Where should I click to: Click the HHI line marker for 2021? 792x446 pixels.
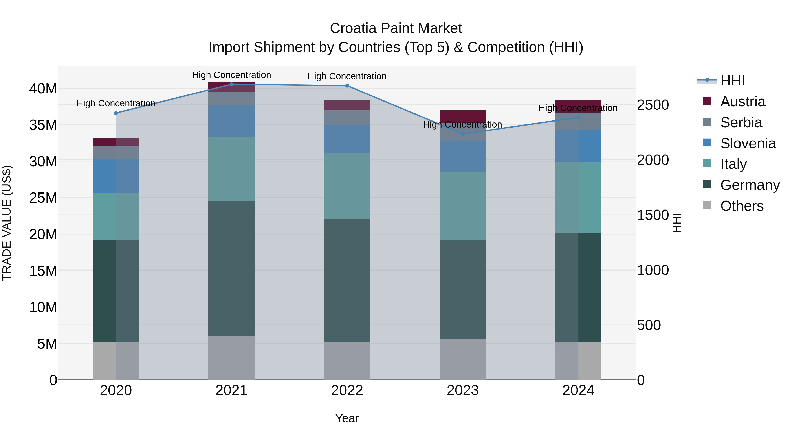231,84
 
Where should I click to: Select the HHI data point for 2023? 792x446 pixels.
463,134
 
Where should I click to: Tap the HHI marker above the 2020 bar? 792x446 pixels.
116,113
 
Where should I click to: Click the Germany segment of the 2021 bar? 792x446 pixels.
231,268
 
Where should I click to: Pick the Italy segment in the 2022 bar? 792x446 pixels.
347,186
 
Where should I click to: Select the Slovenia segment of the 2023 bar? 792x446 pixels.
463,156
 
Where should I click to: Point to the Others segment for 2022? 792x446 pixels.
347,361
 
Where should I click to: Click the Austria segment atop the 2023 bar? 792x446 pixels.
463,115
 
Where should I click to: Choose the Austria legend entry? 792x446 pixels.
742,102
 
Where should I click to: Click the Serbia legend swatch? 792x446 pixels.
708,122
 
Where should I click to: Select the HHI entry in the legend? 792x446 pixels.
732,81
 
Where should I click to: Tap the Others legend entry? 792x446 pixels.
742,206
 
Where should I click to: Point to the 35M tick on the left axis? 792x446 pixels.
43,125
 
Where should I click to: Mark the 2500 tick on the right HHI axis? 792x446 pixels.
653,105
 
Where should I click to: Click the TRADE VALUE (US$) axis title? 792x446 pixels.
7,223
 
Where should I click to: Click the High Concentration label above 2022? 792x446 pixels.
347,76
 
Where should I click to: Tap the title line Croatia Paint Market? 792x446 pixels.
396,28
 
